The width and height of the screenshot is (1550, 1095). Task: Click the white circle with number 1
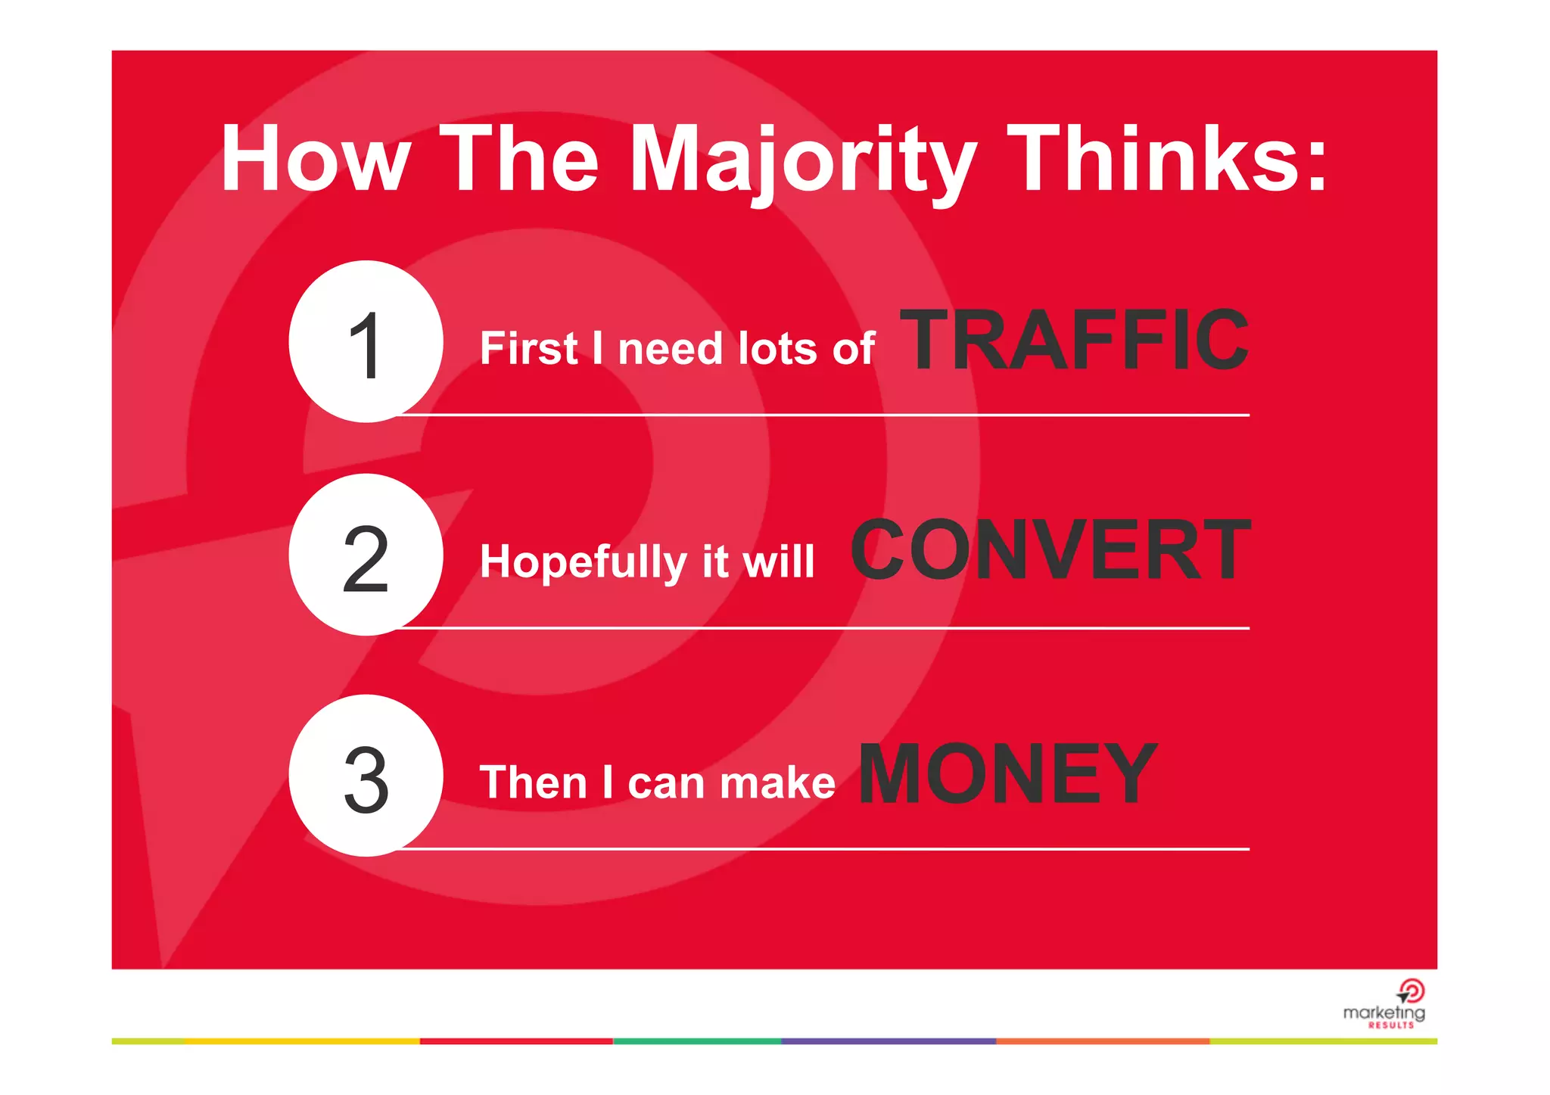366,342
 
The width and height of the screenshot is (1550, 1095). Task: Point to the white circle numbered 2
366,555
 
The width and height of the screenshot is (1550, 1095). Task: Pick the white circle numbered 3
366,776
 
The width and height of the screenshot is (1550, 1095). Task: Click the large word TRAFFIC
1073,341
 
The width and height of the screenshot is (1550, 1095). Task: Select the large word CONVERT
1050,551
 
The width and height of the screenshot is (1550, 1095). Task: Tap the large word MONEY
1007,773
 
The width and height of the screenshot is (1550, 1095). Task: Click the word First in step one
528,349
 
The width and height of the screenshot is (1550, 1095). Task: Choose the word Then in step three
533,782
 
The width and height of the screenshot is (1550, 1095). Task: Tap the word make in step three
777,783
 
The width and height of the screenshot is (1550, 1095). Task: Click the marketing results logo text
1383,1013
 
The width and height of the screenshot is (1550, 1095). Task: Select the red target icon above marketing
1411,991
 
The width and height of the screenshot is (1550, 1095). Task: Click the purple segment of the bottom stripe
888,1041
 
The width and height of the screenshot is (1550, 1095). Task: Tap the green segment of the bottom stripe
696,1041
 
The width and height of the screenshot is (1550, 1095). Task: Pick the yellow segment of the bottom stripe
303,1041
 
